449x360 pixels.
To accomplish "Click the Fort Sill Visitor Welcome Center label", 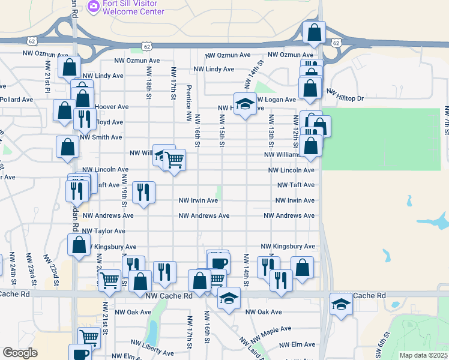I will coord(133,7).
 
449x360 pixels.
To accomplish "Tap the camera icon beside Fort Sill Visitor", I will coord(94,6).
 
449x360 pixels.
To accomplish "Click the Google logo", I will coord(20,353).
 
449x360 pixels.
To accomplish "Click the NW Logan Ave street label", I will coord(277,100).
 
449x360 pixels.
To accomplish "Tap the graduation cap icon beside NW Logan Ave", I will coord(244,104).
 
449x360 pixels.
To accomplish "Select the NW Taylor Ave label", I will coord(104,231).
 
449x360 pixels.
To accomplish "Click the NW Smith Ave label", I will coord(101,137).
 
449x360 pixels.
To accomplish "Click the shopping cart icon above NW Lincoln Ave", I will coord(174,160).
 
